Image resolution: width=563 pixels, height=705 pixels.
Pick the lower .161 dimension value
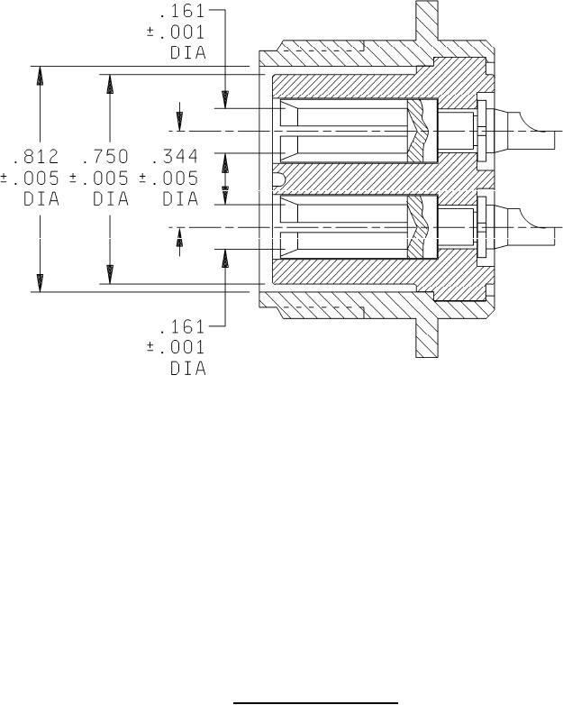[x=181, y=327]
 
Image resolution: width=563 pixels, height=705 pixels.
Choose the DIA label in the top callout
[x=187, y=54]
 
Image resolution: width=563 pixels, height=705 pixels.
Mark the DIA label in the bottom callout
[x=187, y=369]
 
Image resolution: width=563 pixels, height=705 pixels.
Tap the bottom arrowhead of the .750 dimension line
[x=110, y=275]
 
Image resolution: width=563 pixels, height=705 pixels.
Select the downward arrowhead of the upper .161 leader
[x=225, y=99]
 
